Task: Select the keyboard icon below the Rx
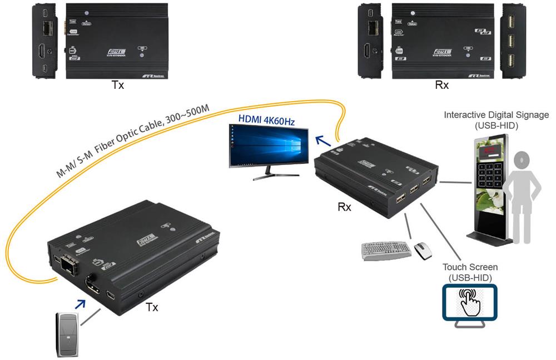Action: coord(386,250)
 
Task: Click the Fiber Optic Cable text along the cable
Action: coord(133,141)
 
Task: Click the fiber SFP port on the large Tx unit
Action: coord(68,266)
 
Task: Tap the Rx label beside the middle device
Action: coord(345,207)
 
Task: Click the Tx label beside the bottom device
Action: coord(151,307)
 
